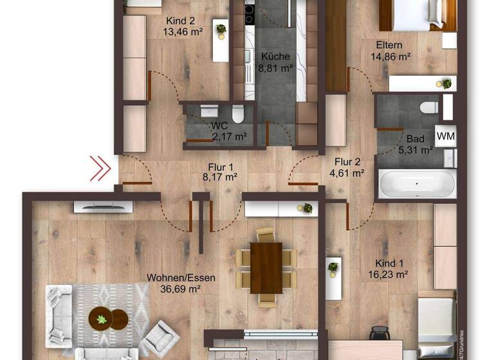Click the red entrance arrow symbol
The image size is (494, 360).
pos(100,168)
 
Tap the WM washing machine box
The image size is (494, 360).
pos(445,135)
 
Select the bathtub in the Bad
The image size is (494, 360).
pos(417,184)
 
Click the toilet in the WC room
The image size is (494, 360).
pos(238,114)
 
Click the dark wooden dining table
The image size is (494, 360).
pos(266,267)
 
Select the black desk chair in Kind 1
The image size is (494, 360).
pos(380,333)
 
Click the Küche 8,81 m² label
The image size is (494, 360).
pos(275,61)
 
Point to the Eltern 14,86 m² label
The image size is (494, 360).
pos(390,50)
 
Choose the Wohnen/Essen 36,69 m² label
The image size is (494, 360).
pos(181,283)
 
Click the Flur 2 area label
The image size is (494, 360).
pos(347,166)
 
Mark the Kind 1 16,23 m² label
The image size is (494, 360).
pos(392,269)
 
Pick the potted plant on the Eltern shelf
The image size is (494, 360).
pos(444,83)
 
